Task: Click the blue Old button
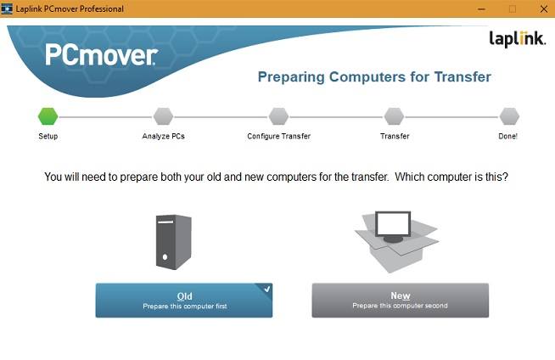coord(184,301)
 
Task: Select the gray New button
coord(401,301)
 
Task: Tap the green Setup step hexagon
coord(48,116)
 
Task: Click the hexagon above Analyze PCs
coord(163,116)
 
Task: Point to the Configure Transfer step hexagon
coord(278,116)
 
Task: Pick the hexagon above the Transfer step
coord(394,116)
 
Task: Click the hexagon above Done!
coord(509,116)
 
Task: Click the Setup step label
coord(48,136)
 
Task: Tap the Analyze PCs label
coord(163,136)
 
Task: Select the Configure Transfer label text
coord(278,136)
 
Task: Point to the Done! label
coord(507,136)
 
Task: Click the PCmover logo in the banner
coord(101,57)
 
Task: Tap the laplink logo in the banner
coord(515,38)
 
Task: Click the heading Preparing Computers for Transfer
coord(374,77)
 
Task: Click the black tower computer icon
coord(173,242)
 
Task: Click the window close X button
coord(541,8)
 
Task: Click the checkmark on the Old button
coord(266,290)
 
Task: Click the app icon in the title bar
coord(8,8)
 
